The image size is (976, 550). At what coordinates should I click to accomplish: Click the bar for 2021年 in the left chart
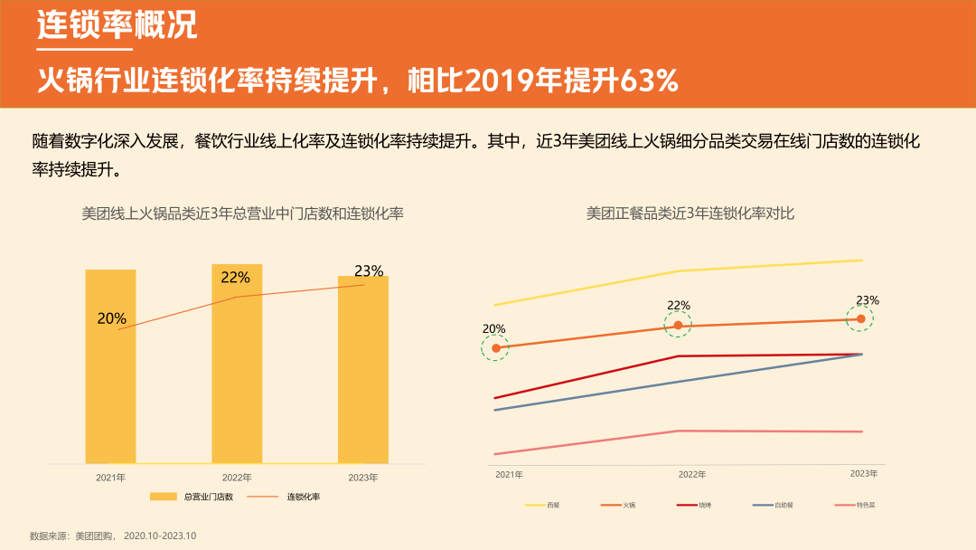110,366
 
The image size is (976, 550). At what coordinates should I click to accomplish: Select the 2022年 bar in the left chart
237,364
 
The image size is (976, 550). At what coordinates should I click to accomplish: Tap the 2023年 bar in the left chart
363,369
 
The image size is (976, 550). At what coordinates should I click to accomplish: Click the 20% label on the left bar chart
112,318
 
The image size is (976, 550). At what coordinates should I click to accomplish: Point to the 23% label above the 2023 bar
369,270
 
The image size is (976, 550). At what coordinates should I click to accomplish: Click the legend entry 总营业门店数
192,497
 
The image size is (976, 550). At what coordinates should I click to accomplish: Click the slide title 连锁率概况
117,25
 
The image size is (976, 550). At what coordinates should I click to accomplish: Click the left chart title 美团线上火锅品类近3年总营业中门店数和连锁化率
242,213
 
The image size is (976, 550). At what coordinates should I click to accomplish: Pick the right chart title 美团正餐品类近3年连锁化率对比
690,213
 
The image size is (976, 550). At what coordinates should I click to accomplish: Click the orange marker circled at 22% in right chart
678,326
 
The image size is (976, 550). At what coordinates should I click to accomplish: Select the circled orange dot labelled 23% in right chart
860,318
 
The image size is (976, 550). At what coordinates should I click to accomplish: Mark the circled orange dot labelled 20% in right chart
494,348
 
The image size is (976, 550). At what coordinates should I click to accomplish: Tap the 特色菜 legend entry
855,505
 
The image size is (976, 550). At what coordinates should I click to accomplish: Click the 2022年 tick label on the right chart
692,474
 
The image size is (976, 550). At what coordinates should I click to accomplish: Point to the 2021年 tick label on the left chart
110,477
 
